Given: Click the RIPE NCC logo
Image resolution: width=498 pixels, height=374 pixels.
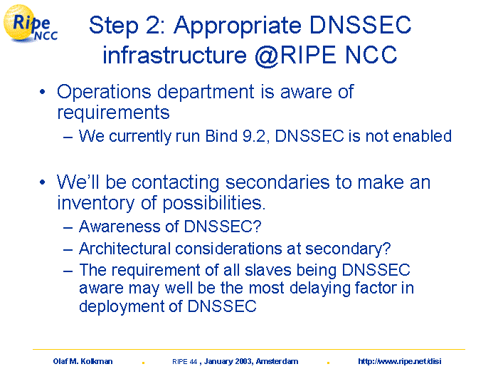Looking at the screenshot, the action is point(30,24).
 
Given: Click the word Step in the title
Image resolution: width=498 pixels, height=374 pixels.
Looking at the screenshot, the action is point(114,26).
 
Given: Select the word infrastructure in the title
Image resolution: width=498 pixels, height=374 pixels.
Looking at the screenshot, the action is point(174,54).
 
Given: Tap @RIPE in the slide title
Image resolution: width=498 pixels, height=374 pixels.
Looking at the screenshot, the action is point(295,56).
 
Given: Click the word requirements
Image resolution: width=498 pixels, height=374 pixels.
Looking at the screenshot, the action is point(113,113).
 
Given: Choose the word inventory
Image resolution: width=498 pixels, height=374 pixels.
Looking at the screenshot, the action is point(96,204).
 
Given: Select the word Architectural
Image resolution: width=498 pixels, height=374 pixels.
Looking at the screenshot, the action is point(124,249).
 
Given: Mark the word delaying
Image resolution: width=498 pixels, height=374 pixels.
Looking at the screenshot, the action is point(320,289).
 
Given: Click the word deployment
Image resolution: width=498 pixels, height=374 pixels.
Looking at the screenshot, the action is point(122,307).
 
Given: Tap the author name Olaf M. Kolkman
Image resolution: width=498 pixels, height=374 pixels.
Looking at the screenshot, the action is point(83,362).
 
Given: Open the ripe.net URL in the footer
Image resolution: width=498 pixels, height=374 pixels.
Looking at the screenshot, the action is point(400,362).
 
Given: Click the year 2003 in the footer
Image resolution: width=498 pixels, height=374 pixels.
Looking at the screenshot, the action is point(244,362).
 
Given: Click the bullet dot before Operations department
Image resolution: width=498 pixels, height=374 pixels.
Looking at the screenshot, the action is point(43,92).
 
